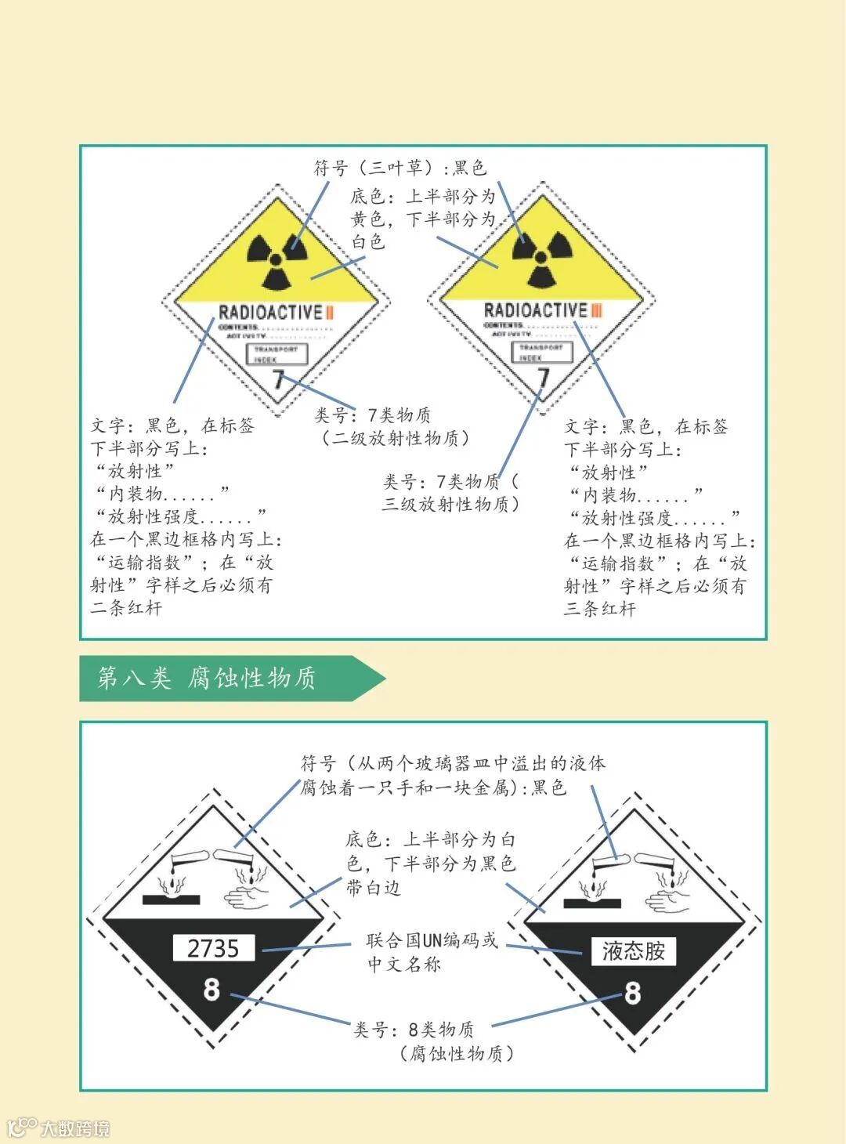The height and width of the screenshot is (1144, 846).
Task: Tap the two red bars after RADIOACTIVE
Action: click(330, 313)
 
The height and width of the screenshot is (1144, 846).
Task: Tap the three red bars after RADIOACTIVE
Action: click(596, 311)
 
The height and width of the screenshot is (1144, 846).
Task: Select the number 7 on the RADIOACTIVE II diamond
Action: click(277, 382)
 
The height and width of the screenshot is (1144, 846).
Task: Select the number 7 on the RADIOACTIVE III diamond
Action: click(543, 378)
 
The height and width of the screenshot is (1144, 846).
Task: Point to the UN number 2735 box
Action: click(213, 948)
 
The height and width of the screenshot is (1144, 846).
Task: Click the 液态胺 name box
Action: click(633, 951)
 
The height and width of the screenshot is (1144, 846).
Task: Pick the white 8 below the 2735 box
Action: click(211, 990)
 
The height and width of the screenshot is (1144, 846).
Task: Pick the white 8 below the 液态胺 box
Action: click(632, 994)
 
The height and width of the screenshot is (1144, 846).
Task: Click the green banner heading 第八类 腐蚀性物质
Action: click(208, 678)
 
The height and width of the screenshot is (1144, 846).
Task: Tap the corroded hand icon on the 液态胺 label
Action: click(667, 898)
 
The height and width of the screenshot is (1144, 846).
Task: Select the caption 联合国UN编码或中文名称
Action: click(432, 951)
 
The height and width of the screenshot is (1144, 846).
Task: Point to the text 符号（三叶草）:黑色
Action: click(400, 168)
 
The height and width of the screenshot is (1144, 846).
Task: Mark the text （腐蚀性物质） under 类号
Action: click(456, 1053)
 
